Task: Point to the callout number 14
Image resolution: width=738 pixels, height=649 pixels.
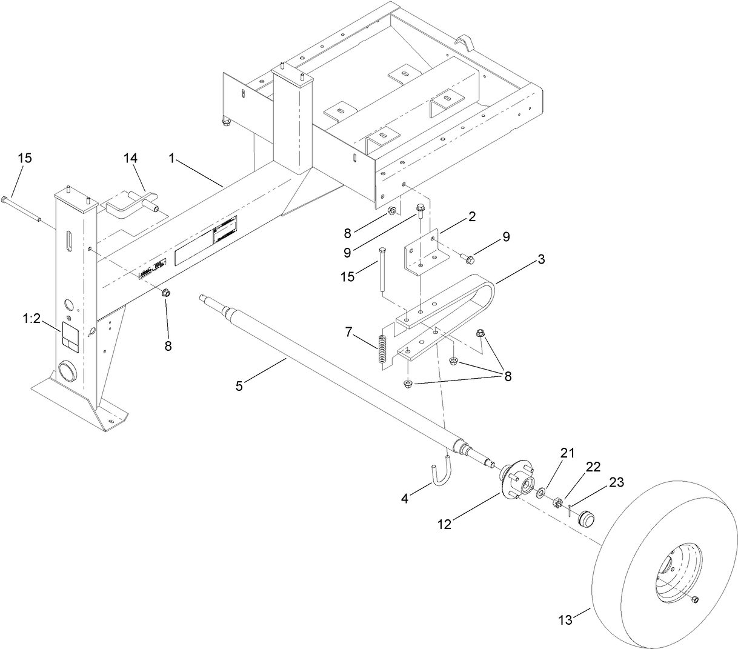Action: point(131,158)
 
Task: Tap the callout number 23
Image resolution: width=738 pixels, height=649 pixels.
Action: point(616,483)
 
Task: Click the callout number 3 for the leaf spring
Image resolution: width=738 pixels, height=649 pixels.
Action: point(540,259)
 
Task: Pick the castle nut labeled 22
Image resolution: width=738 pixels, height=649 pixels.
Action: point(557,502)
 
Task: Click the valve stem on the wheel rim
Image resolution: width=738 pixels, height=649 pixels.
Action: point(694,600)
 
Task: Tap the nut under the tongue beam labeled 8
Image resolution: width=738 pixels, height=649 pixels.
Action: point(165,294)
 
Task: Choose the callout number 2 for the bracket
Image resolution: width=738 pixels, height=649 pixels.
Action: point(471,215)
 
